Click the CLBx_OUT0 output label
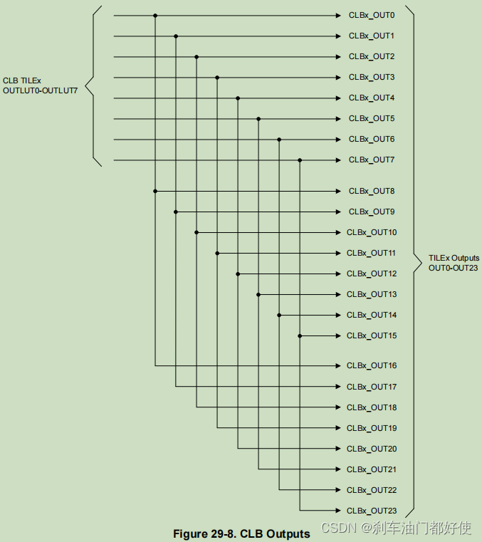370,15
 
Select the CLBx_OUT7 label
370,160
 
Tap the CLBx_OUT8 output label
370,192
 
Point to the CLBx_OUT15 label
372,335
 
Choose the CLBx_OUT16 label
372,366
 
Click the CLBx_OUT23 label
372,511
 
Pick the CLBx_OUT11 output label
372,253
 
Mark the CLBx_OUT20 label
372,449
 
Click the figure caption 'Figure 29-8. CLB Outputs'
241,533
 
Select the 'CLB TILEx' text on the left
22,80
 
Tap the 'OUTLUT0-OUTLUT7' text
40,90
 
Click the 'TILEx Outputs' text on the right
454,258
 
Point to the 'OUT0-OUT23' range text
454,268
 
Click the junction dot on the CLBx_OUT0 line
155,15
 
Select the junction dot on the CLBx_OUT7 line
300,160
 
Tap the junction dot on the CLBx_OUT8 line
155,191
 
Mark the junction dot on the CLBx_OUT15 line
300,335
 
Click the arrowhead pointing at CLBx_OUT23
338,511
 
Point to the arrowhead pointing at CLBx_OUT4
338,98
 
